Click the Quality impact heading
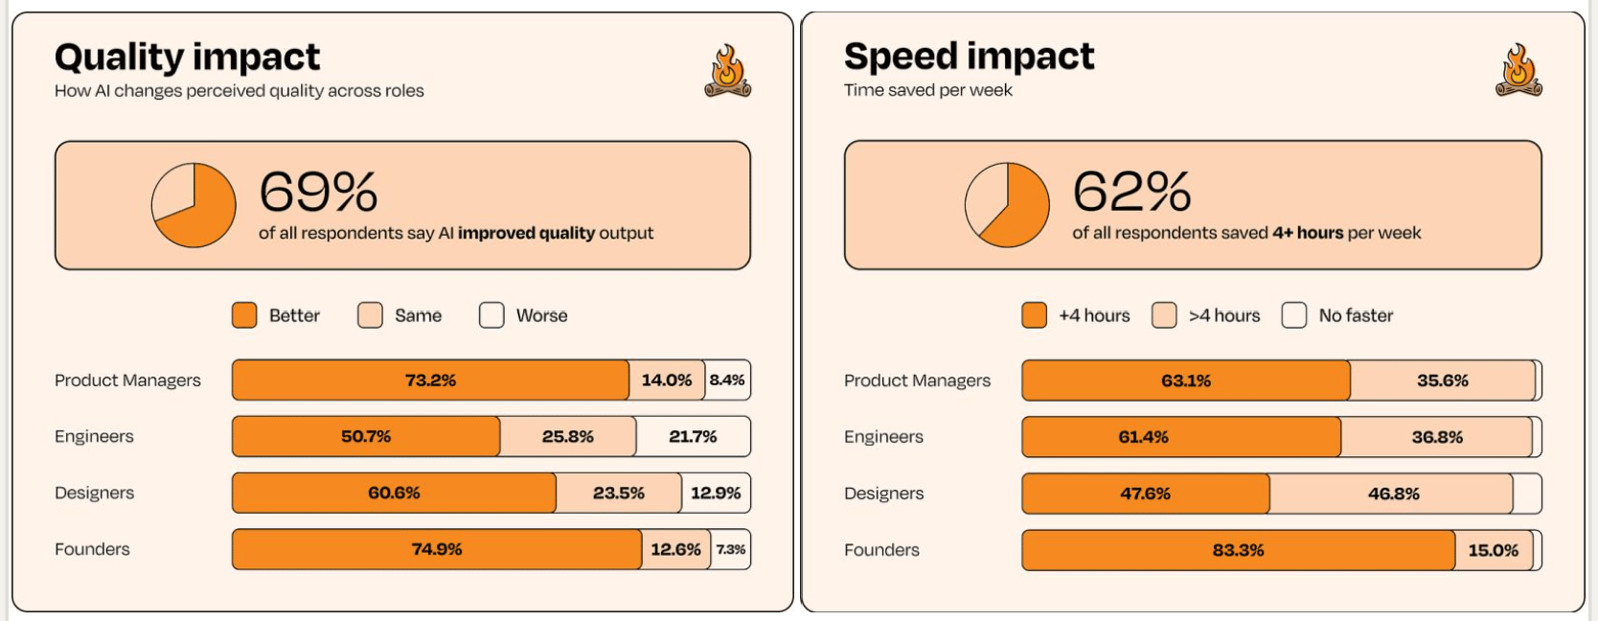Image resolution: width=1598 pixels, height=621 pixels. tap(187, 57)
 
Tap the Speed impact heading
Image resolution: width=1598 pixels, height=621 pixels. tap(969, 57)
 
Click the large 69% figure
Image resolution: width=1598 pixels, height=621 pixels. tap(318, 192)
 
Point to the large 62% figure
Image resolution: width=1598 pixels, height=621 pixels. tap(1131, 192)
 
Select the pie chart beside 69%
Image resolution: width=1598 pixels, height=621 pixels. tap(194, 205)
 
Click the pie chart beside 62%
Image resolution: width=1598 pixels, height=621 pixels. tap(1007, 205)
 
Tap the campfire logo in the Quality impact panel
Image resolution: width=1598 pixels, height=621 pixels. tap(728, 71)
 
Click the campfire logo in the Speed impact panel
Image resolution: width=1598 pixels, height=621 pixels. tap(1518, 71)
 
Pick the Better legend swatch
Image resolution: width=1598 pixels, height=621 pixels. tap(244, 315)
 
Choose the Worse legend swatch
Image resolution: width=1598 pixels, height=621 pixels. tap(491, 315)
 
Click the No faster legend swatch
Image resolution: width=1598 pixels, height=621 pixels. tap(1293, 315)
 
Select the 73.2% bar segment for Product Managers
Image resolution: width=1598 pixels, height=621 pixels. tap(430, 380)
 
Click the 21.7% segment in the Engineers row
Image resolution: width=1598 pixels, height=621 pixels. tap(693, 437)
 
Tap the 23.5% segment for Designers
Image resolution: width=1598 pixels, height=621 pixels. tap(619, 494)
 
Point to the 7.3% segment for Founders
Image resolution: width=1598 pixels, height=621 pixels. tap(731, 550)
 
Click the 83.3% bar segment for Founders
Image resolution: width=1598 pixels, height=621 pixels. tap(1238, 551)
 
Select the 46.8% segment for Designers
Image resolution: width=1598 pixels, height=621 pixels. tap(1393, 494)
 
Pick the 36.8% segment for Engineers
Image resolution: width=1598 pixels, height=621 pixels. tap(1437, 438)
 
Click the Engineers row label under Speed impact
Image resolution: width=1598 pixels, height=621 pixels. tap(883, 437)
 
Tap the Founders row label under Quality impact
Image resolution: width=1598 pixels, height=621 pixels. tap(92, 549)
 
